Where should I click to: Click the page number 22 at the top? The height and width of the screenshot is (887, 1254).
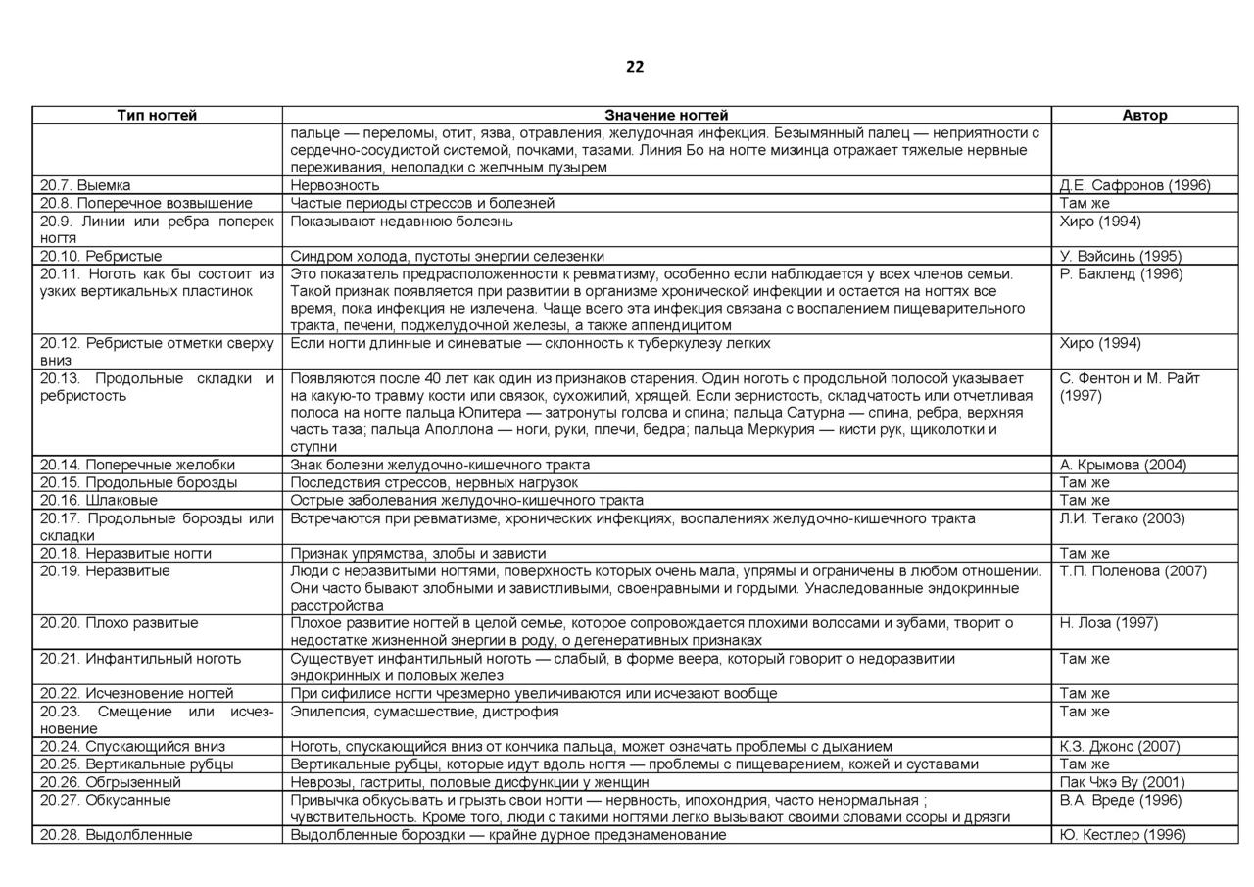(x=635, y=67)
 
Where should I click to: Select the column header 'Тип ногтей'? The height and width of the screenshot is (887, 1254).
(x=157, y=116)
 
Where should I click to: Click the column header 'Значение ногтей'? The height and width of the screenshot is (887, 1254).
(x=666, y=116)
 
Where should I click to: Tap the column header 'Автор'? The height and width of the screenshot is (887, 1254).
(x=1144, y=116)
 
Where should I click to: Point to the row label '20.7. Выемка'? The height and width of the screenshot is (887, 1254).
(x=85, y=185)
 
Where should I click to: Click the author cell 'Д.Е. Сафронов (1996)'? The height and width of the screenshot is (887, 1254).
(x=1134, y=185)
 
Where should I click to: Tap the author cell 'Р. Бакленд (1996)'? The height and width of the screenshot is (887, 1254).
(x=1121, y=273)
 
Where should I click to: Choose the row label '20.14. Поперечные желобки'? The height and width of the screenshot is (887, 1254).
(x=137, y=465)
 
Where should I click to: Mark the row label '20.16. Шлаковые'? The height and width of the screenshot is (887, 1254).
(x=99, y=500)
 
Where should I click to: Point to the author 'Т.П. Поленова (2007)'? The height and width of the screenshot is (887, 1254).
(x=1133, y=570)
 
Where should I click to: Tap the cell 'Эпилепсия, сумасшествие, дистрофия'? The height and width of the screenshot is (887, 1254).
(x=424, y=712)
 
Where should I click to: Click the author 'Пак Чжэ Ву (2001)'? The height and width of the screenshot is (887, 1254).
(x=1122, y=782)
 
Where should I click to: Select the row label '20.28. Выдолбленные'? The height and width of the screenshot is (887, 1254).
(x=117, y=835)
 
